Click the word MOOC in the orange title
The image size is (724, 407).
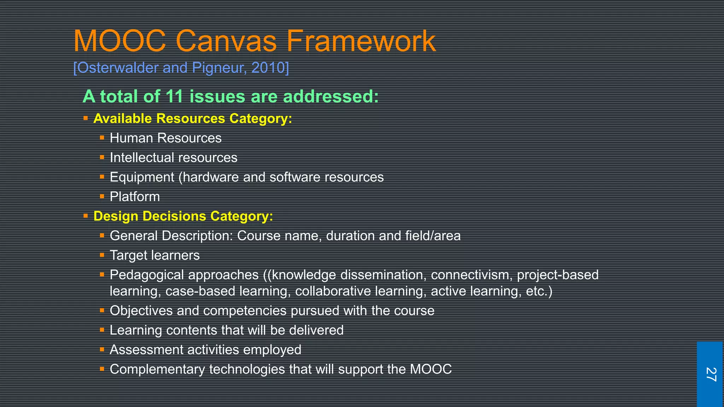click(119, 41)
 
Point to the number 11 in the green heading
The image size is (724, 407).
click(174, 96)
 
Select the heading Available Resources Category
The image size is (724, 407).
click(193, 118)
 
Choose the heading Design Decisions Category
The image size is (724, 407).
click(183, 216)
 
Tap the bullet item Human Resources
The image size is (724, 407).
click(165, 138)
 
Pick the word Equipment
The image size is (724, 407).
click(142, 177)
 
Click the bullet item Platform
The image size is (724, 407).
click(135, 197)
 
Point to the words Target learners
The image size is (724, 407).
click(154, 255)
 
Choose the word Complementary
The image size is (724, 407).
click(157, 370)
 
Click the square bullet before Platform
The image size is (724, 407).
click(102, 196)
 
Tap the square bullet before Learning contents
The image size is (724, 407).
click(102, 330)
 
